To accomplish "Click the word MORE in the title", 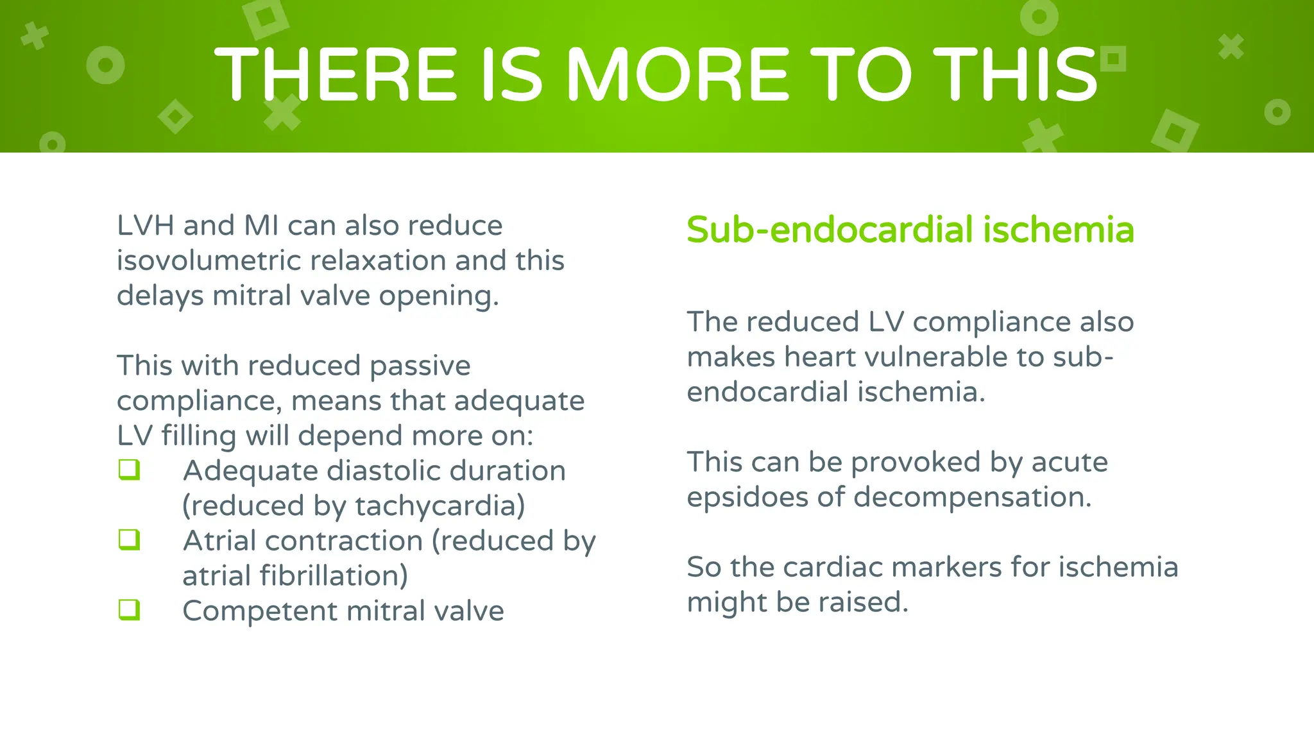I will point(677,74).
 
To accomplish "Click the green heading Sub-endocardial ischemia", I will point(910,230).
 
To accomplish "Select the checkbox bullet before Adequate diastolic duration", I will point(129,470).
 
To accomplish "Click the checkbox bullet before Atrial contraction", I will point(129,539).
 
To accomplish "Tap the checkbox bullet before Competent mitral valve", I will point(129,609).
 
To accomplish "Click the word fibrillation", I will point(334,575).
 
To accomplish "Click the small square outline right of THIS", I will point(1113,59).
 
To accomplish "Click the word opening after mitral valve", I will point(438,296).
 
